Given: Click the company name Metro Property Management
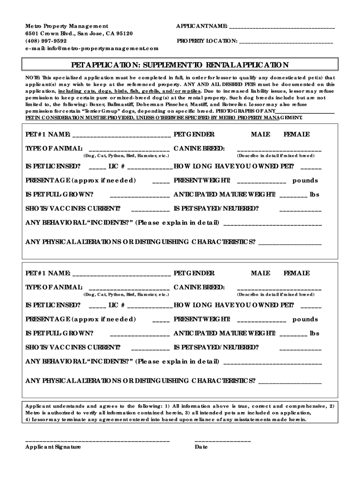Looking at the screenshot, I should coord(66,26).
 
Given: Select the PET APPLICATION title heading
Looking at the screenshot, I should coord(180,65).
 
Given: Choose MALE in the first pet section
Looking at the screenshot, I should coord(260,135).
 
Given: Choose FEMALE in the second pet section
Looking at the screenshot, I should coord(296,273).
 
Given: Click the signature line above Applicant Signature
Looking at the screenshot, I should coord(97,441).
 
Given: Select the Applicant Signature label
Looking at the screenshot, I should coord(53,447).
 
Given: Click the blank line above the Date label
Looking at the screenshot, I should coord(223,441).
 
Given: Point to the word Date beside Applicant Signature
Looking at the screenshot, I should coord(201,447).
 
